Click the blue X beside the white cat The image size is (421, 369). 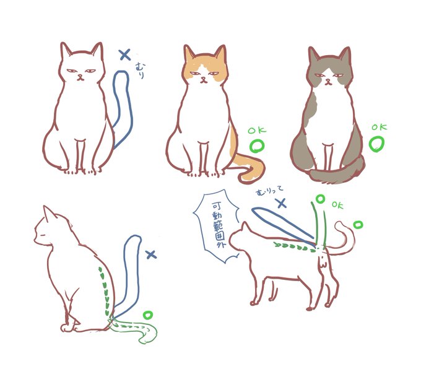[125, 54]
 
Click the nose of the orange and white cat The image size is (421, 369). [203, 79]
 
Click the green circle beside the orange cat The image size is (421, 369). [257, 146]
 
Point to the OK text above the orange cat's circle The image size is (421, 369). [257, 131]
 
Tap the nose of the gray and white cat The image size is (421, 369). [328, 80]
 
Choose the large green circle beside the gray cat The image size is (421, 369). [376, 144]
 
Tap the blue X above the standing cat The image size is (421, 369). [282, 203]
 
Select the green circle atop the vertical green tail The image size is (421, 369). [320, 199]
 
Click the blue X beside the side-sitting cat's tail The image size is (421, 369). [152, 254]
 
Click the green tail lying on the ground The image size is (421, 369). [134, 328]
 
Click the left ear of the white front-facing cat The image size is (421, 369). [65, 49]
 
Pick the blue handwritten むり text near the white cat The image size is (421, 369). [140, 70]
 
